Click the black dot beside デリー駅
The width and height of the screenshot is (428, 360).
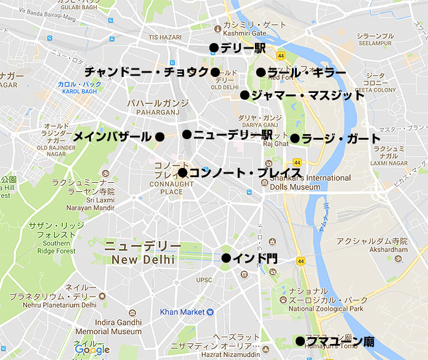214,47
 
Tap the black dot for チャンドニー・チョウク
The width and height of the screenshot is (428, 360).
215,72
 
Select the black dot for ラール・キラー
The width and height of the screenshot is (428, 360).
261,72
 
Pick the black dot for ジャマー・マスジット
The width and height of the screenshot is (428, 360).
244,95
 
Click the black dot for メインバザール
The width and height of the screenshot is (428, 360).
159,137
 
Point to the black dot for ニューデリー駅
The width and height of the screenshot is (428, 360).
187,134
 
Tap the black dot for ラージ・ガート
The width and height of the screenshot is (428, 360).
296,138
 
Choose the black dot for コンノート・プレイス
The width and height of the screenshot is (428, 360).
182,173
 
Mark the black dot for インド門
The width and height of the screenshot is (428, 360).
226,258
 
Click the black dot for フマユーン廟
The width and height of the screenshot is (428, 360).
300,341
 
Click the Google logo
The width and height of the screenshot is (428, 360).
92,350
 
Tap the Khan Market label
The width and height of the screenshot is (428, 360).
182,312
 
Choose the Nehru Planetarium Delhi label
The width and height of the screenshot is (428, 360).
54,304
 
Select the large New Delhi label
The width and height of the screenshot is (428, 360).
143,260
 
